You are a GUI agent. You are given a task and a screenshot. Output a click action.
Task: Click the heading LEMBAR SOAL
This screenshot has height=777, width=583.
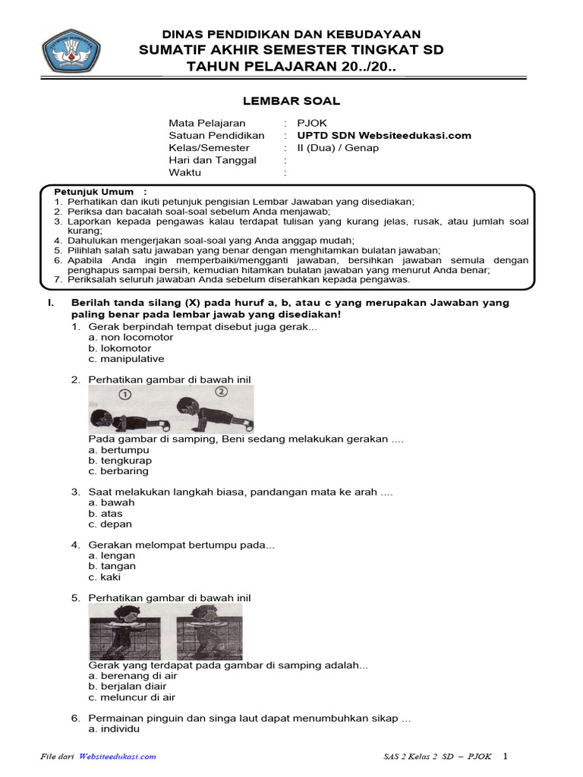coord(291,101)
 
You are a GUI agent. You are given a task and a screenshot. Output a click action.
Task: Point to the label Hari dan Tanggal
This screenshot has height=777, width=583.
coord(213,160)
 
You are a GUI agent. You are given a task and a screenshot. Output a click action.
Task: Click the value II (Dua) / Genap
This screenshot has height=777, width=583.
coord(337,148)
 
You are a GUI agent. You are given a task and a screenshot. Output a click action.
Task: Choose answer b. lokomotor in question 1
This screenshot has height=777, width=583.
coord(120,348)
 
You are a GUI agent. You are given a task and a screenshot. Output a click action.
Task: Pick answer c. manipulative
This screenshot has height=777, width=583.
coord(126,359)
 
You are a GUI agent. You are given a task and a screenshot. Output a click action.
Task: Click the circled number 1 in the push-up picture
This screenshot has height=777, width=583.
coord(125,394)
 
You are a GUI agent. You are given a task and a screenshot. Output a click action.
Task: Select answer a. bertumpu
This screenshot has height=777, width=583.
coord(118,450)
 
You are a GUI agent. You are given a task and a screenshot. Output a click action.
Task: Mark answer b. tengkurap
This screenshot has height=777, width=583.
coord(120,461)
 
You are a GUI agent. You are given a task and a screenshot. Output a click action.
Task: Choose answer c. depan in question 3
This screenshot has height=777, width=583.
coord(110,524)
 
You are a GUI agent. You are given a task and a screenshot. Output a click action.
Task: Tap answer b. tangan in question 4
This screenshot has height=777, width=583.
coord(112,566)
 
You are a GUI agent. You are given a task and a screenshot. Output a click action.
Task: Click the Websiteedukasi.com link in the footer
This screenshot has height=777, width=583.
coord(118,757)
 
